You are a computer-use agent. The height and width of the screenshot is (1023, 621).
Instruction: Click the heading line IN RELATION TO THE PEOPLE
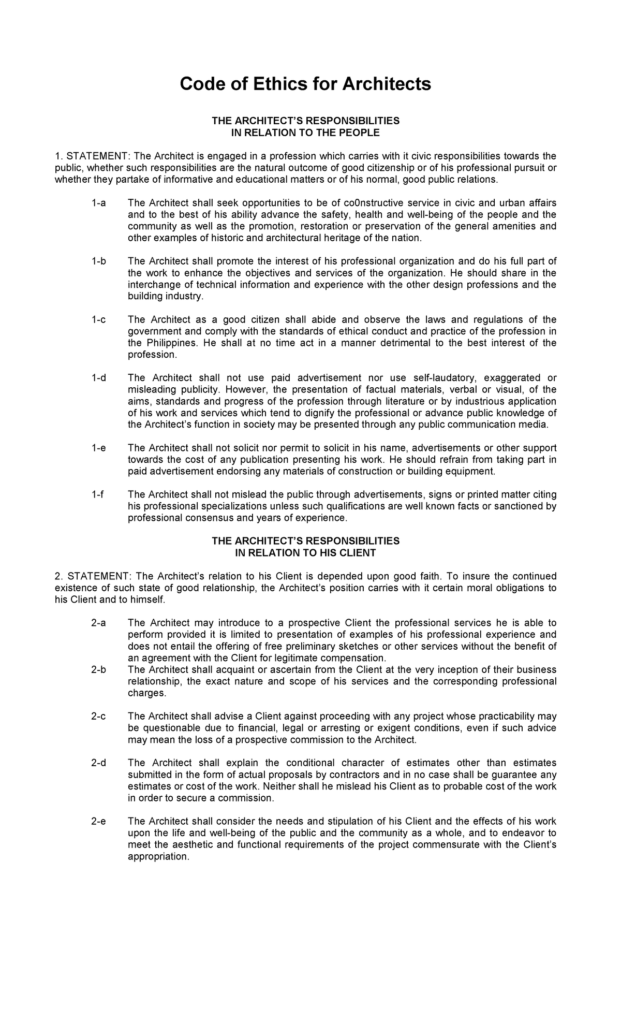pos(305,133)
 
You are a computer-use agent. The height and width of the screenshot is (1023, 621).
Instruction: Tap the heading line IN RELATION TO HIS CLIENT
pos(305,552)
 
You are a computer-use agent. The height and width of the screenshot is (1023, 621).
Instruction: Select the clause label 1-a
pos(98,203)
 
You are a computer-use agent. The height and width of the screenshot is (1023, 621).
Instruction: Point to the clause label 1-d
pos(98,378)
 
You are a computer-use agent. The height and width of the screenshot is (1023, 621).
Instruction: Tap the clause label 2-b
pos(98,669)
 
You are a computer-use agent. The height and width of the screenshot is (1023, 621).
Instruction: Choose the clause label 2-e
pos(98,821)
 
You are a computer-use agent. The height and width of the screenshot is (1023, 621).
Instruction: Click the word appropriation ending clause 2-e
pos(157,856)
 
